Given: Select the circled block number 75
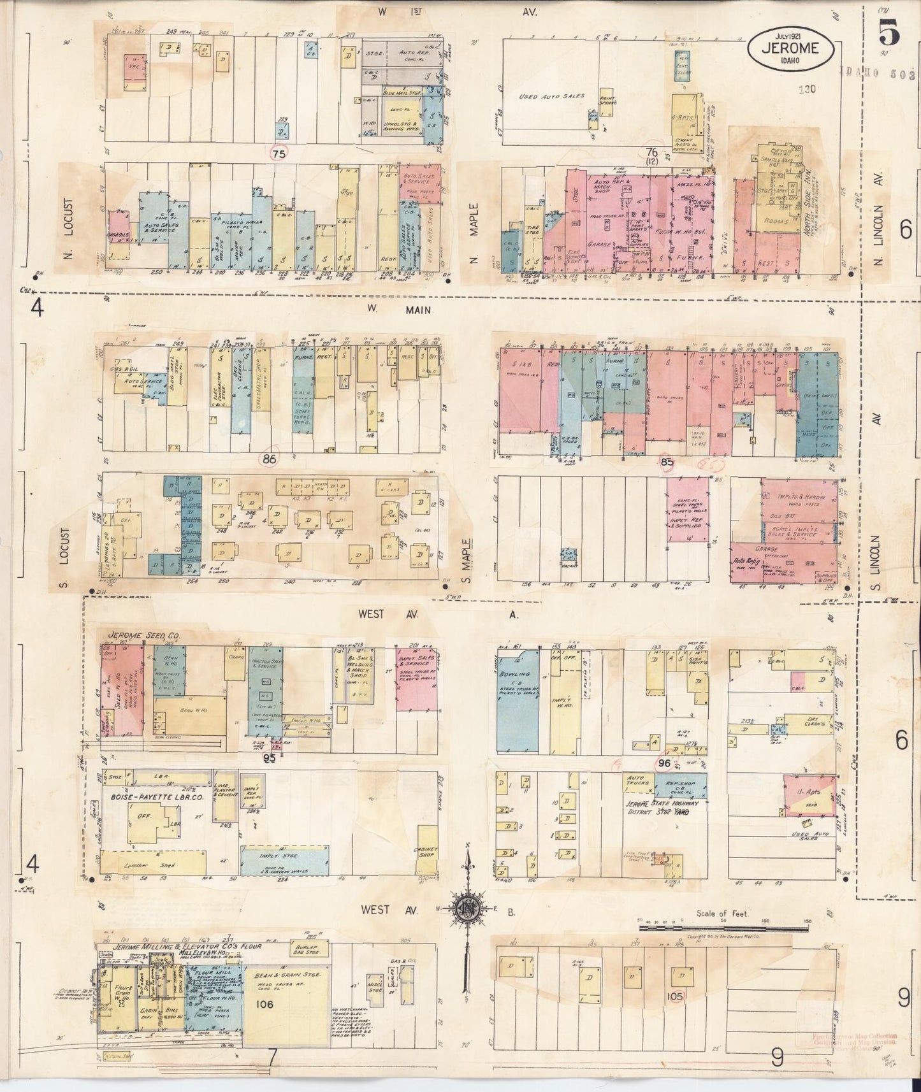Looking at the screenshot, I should click(279, 154).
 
